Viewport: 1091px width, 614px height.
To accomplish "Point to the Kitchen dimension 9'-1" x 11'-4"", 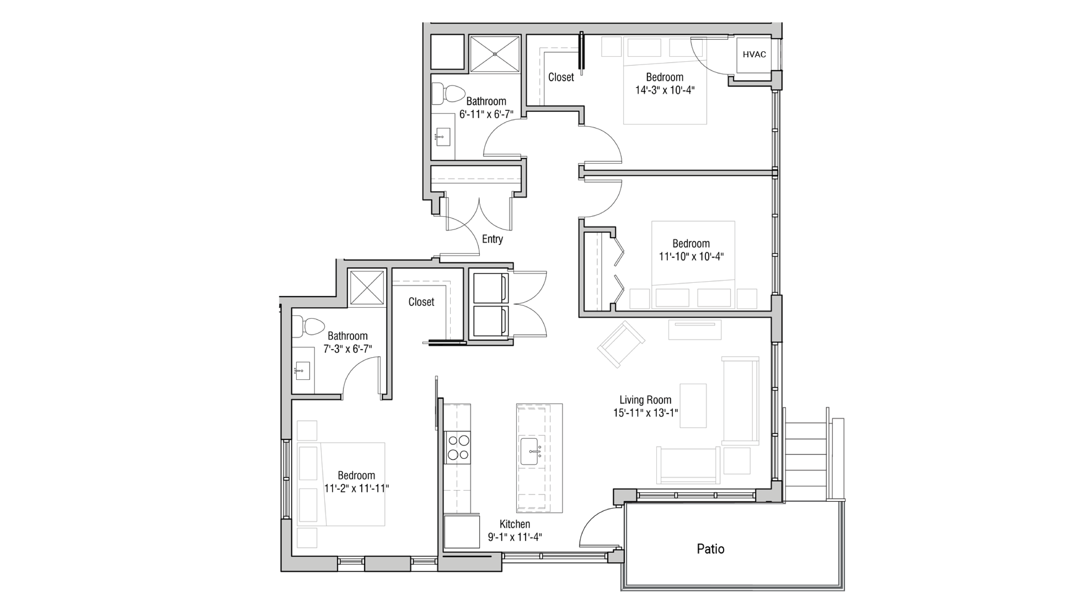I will (x=515, y=537).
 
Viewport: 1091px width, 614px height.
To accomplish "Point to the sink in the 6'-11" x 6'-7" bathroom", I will (x=443, y=137).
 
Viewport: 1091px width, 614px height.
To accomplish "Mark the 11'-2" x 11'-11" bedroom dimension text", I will (x=356, y=488).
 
